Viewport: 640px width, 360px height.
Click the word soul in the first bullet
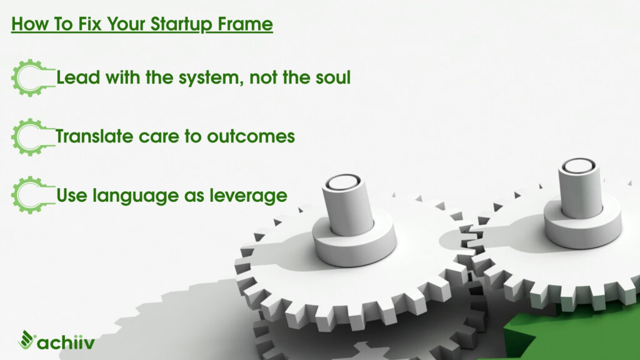(x=333, y=77)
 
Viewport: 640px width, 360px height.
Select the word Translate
(x=94, y=136)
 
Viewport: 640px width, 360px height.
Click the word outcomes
(x=251, y=136)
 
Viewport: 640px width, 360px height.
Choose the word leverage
(x=248, y=196)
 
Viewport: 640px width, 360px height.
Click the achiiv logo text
(x=66, y=342)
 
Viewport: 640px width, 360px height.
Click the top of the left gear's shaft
(x=343, y=182)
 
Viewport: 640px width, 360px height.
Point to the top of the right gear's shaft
(x=578, y=165)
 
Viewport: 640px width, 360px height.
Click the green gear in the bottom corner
(x=571, y=336)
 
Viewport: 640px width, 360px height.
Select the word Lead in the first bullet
(x=78, y=77)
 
